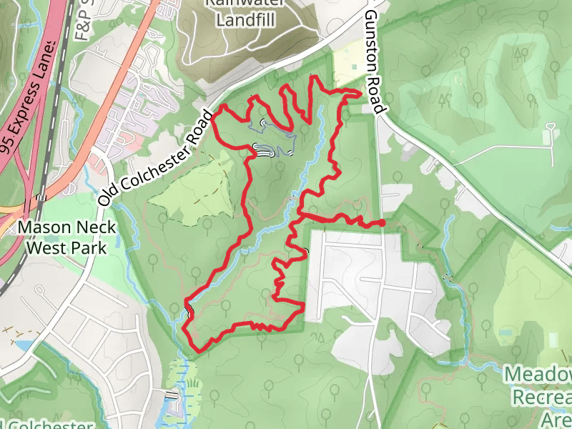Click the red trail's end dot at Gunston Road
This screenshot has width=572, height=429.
(x=382, y=223)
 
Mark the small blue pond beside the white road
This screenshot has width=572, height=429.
(x=21, y=345)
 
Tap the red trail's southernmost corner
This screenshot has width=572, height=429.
(x=199, y=349)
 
